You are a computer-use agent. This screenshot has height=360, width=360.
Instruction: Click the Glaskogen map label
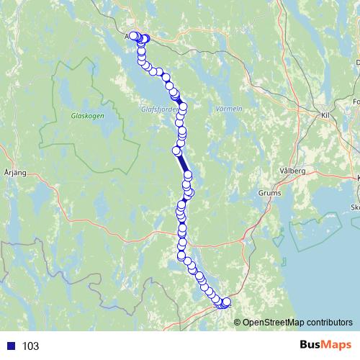pyautogui.click(x=88, y=115)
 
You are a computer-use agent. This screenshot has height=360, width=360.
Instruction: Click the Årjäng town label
pyautogui.click(x=14, y=174)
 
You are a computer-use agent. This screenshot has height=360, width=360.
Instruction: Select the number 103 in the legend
pyautogui.click(x=31, y=346)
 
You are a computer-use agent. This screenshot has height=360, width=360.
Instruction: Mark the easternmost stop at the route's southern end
pyautogui.click(x=228, y=302)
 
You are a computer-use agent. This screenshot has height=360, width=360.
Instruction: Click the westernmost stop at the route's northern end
pyautogui.click(x=133, y=35)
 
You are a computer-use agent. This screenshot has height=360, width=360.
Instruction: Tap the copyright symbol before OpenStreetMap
pyautogui.click(x=238, y=323)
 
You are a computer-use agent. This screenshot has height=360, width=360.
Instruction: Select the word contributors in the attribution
pyautogui.click(x=329, y=323)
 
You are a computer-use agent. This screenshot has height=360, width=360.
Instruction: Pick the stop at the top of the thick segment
pyautogui.click(x=176, y=150)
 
